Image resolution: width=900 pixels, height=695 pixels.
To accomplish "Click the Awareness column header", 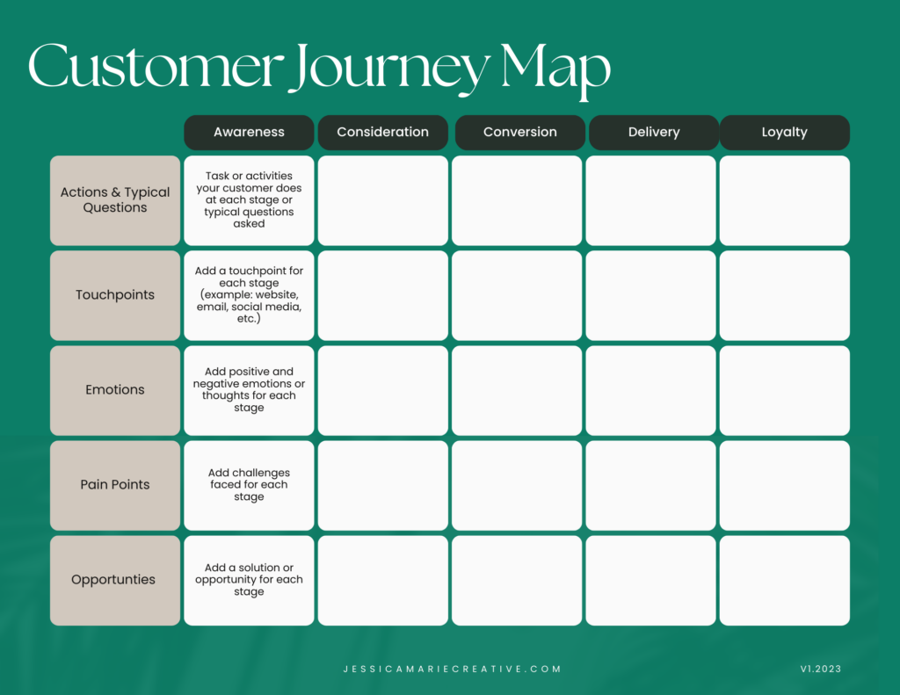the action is pos(249,133).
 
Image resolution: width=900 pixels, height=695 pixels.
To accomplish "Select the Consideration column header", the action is pos(383,133).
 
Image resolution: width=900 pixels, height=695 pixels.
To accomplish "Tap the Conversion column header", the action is pos(520,133).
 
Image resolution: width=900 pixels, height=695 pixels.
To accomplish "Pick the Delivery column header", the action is pos(654,133).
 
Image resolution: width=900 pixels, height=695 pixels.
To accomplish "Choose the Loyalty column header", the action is pos(785,133).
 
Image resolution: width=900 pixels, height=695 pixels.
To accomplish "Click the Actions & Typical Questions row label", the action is pos(115,200).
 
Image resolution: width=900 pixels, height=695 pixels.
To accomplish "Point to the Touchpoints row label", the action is pos(115,295).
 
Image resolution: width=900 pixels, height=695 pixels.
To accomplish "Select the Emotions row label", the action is pos(115,390).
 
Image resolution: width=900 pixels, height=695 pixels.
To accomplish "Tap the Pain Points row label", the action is pos(115,486).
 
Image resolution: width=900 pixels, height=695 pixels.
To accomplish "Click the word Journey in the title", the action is pos(388,69).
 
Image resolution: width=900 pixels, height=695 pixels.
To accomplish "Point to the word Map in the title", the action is pos(555,70).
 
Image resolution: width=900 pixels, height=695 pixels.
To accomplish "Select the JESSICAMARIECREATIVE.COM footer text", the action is pos(453,670).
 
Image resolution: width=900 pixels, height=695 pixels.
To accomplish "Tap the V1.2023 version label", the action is pos(821,670).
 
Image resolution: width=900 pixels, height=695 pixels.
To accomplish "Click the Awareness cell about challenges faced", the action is pos(249,486).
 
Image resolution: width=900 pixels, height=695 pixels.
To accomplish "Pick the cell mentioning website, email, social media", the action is pos(249,295).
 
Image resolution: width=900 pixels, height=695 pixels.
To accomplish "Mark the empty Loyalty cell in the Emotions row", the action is pos(785,390).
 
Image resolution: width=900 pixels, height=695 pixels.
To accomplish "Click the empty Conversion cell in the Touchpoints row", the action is pos(517,295).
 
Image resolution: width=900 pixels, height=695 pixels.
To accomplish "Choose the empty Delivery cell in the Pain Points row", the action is pos(651,486).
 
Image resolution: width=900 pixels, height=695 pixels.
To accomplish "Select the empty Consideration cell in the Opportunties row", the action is pos(383,580).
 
